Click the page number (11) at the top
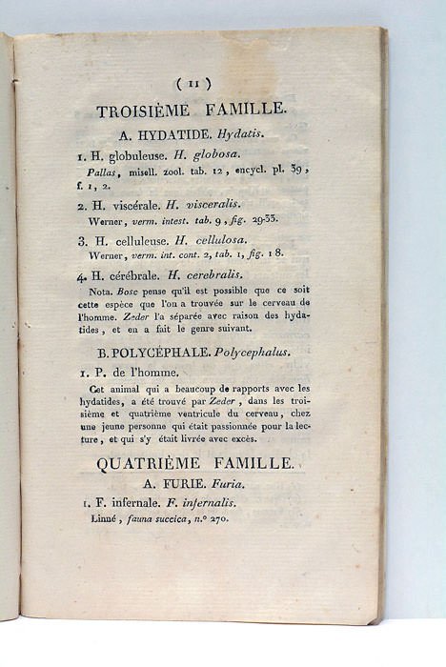pos(194,83)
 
